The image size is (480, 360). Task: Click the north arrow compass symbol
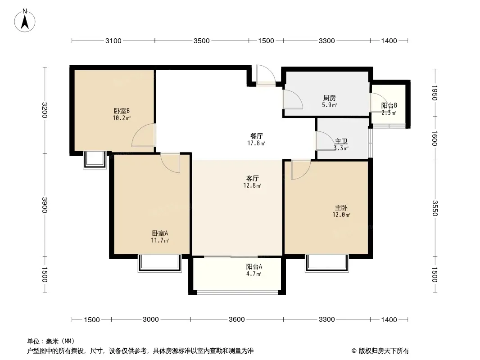[x=25, y=21]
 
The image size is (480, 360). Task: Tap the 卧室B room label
[x=122, y=111]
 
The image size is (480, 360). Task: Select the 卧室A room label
[x=160, y=233]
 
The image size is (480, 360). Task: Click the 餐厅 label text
[x=256, y=136]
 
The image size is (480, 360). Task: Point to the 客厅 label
[x=253, y=178]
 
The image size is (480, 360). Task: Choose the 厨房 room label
[x=330, y=98]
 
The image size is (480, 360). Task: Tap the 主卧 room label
[x=341, y=208]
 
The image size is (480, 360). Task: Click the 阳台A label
[x=254, y=266]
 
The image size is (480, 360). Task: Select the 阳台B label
[x=389, y=105]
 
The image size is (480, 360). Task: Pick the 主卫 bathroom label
[x=341, y=141]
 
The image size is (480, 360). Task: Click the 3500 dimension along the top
[x=201, y=40]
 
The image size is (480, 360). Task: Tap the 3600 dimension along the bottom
[x=237, y=319]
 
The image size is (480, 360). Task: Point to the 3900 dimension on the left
[x=45, y=205]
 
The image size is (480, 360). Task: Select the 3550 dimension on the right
[x=435, y=208]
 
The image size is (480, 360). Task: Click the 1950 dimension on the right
[x=435, y=93]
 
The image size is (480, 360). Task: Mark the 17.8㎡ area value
[x=256, y=143]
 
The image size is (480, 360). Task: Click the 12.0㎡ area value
[x=341, y=215]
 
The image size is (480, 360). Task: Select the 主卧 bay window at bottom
[x=326, y=263]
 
